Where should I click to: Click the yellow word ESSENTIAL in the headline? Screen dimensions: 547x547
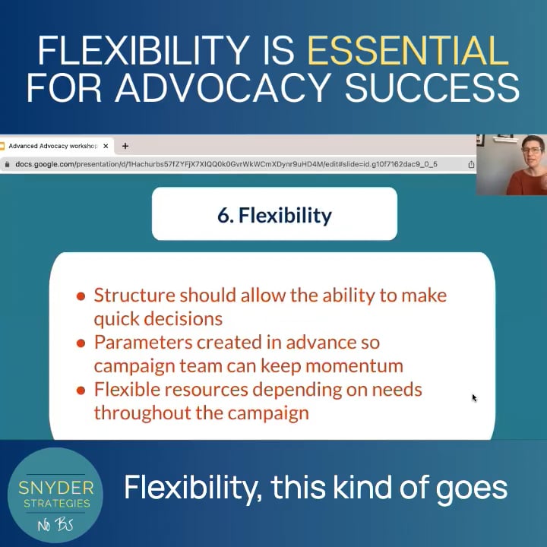pyautogui.click(x=407, y=51)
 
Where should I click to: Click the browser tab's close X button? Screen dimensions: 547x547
pyautogui.click(x=106, y=146)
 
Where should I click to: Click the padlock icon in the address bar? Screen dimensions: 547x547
pyautogui.click(x=7, y=164)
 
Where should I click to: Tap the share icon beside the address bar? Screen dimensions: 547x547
pyautogui.click(x=471, y=164)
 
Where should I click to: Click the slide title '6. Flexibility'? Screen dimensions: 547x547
pyautogui.click(x=274, y=215)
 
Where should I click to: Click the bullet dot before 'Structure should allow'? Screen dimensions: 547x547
pyautogui.click(x=81, y=296)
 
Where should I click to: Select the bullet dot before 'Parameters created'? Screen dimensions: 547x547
pyautogui.click(x=81, y=343)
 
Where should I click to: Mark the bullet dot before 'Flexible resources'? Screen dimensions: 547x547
pyautogui.click(x=81, y=390)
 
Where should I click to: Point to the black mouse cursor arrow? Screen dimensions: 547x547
pyautogui.click(x=474, y=398)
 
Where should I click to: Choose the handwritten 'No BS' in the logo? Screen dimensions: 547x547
pyautogui.click(x=55, y=526)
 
